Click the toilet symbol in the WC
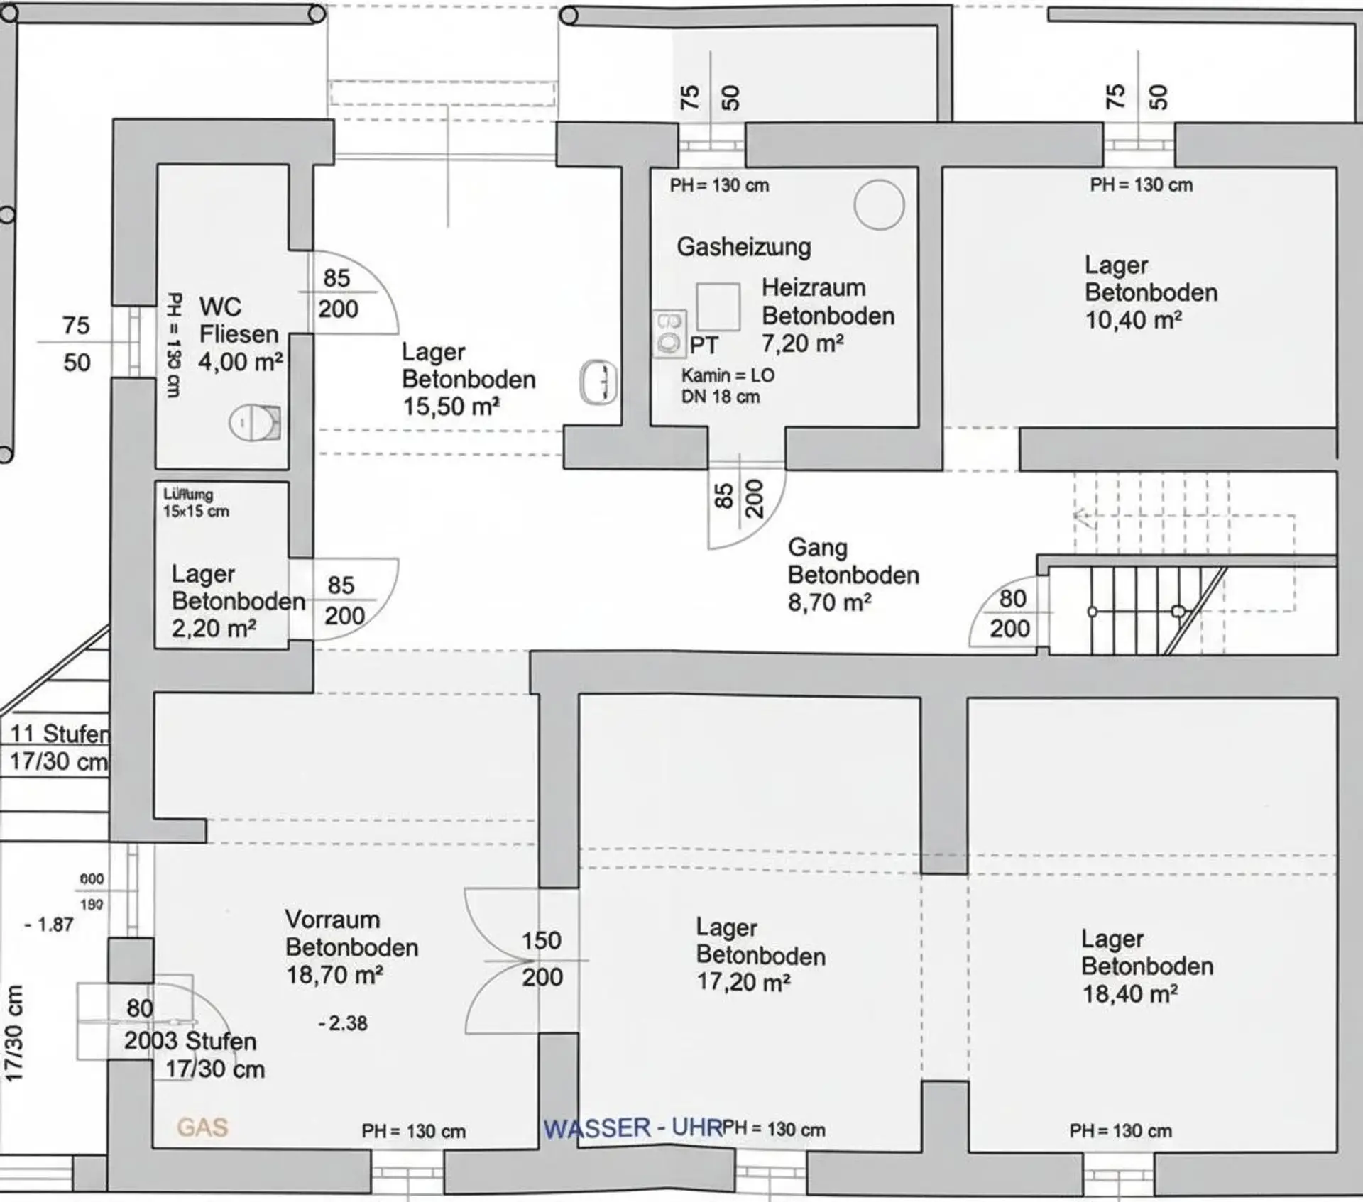pos(255,423)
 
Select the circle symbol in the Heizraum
pos(879,204)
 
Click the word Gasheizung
pos(743,247)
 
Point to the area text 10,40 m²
pos(1133,320)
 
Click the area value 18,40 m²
pos(1129,993)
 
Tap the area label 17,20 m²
pos(743,983)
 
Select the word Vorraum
pos(332,920)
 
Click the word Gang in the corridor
pos(818,548)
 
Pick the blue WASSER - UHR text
pos(633,1127)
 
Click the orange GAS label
pos(202,1127)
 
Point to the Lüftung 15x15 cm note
pos(196,502)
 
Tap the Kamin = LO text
pos(728,375)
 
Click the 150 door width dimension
pos(542,941)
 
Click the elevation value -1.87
pos(48,925)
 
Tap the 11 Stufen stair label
pos(60,733)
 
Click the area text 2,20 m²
pos(214,628)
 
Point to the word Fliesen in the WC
pos(239,334)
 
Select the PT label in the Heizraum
pos(704,346)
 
